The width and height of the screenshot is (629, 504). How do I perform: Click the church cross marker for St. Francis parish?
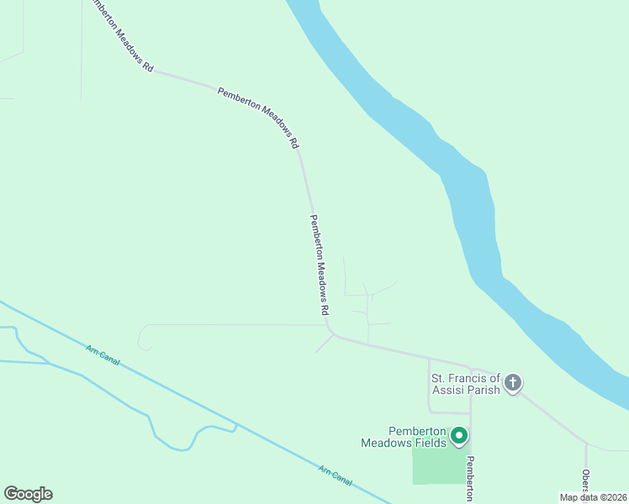(512, 384)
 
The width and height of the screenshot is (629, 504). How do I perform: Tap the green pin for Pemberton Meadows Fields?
(459, 435)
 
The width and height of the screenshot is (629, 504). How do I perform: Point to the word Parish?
(489, 390)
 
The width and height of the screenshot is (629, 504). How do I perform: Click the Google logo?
(28, 494)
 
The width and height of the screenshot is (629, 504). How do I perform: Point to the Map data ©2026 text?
(592, 497)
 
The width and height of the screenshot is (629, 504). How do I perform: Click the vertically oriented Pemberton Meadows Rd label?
(319, 265)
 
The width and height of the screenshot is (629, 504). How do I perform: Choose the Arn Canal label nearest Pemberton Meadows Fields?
(336, 475)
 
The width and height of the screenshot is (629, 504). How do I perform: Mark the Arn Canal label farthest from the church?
(103, 354)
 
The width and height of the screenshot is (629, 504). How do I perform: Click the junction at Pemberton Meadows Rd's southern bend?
(334, 335)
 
